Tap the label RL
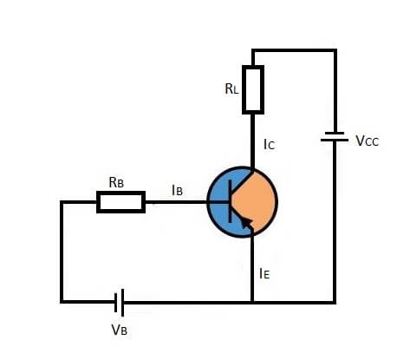[231, 88]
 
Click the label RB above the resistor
[116, 182]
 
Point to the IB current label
[177, 190]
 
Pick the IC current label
[269, 144]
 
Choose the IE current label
[264, 273]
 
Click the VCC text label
[367, 141]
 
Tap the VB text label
[119, 330]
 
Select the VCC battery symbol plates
[335, 136]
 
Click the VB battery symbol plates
[119, 303]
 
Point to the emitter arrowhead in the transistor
[246, 223]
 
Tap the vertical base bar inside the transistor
[231, 201]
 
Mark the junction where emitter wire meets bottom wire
[252, 303]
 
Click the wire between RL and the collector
[252, 141]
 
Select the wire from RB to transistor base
[176, 202]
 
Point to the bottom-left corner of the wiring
[62, 302]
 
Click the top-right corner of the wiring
[335, 50]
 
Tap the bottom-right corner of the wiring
[335, 303]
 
